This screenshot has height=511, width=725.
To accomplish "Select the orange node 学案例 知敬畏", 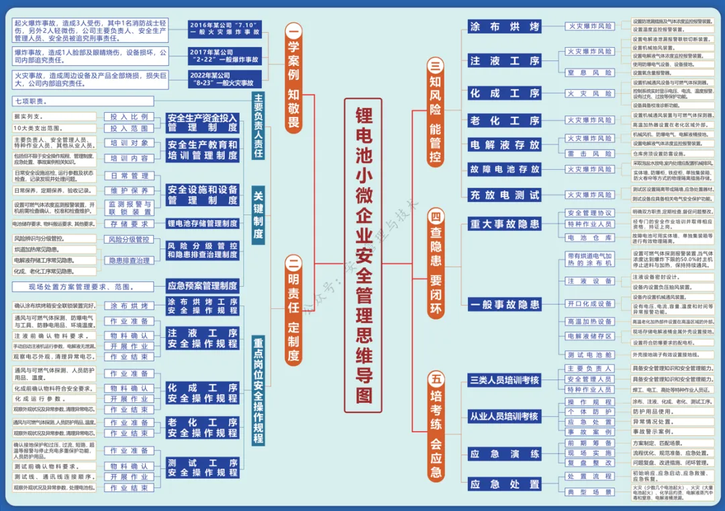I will pyautogui.click(x=293, y=77).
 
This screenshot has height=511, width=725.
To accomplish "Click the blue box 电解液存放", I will pyautogui.click(x=504, y=144).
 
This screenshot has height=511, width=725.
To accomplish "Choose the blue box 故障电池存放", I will pyautogui.click(x=504, y=169).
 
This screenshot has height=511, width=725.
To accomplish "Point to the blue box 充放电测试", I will pyautogui.click(x=504, y=195).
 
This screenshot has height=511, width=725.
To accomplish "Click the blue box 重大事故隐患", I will pyautogui.click(x=504, y=224).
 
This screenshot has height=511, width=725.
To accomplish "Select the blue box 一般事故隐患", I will pyautogui.click(x=504, y=304).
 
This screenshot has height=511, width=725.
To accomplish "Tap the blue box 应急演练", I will pyautogui.click(x=504, y=454).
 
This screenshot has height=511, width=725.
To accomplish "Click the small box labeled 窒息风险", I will pyautogui.click(x=589, y=73).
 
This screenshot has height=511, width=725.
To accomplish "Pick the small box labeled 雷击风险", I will pyautogui.click(x=589, y=154).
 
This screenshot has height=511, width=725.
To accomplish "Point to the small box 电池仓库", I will pyautogui.click(x=589, y=238).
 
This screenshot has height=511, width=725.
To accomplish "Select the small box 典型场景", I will pyautogui.click(x=589, y=492).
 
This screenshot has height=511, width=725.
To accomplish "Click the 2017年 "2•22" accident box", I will pyautogui.click(x=224, y=56).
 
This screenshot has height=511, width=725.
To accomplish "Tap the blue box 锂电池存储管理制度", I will pyautogui.click(x=202, y=223).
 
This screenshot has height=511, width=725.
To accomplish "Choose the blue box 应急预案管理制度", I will pyautogui.click(x=202, y=285).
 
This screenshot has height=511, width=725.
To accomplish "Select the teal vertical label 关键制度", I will pyautogui.click(x=258, y=215).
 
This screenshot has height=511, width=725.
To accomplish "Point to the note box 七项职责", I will pyautogui.click(x=54, y=101).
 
